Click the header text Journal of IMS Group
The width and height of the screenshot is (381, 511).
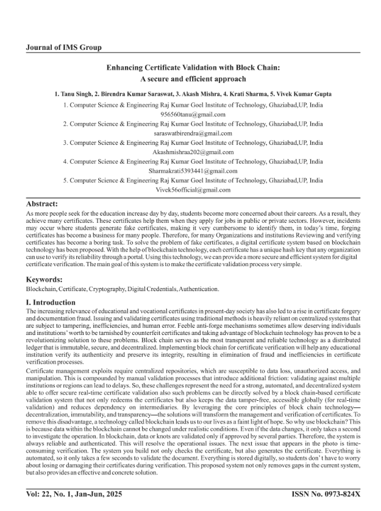click(64, 48)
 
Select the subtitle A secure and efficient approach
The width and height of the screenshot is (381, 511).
click(193, 79)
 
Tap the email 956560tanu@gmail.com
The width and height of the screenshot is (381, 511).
click(193, 114)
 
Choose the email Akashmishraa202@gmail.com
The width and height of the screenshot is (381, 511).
click(193, 152)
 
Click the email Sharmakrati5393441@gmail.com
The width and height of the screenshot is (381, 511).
click(193, 171)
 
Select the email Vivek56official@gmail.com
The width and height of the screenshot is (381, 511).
click(193, 190)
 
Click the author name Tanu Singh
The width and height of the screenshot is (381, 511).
click(80, 95)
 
